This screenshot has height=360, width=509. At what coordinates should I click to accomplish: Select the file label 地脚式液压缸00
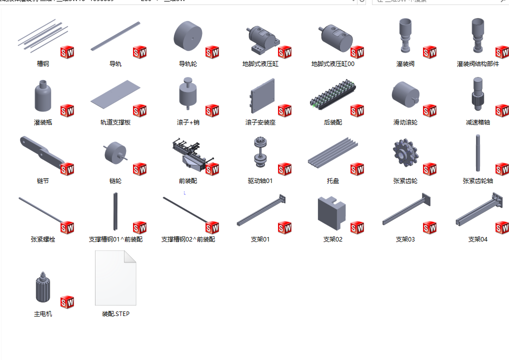332,64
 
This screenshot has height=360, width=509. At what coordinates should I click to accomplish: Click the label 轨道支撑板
115,122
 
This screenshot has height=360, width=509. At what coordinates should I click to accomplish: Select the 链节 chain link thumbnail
41,152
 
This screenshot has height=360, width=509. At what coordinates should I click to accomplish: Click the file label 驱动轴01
260,181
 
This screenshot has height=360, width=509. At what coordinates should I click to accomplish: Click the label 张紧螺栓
43,239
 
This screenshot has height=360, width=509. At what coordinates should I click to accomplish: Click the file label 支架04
477,239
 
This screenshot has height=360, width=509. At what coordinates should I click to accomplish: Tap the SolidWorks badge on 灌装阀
429,52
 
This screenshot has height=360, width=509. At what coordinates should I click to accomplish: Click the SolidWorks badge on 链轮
139,169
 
